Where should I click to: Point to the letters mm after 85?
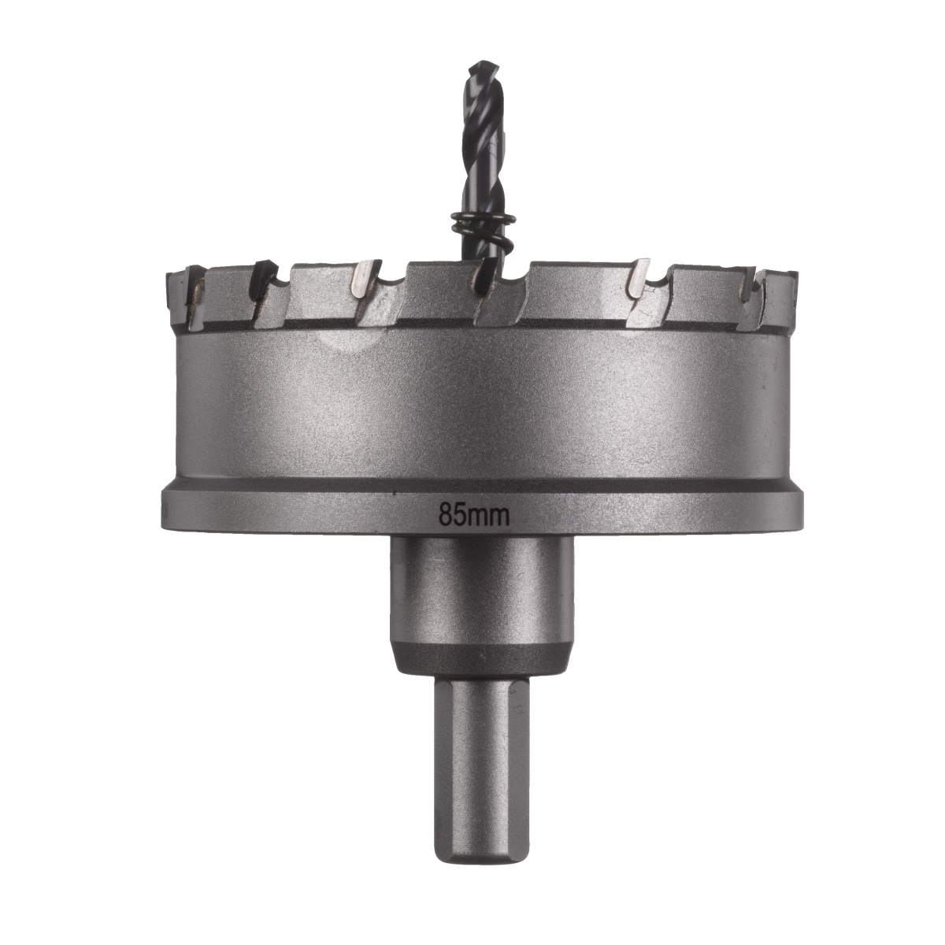click(491, 516)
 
